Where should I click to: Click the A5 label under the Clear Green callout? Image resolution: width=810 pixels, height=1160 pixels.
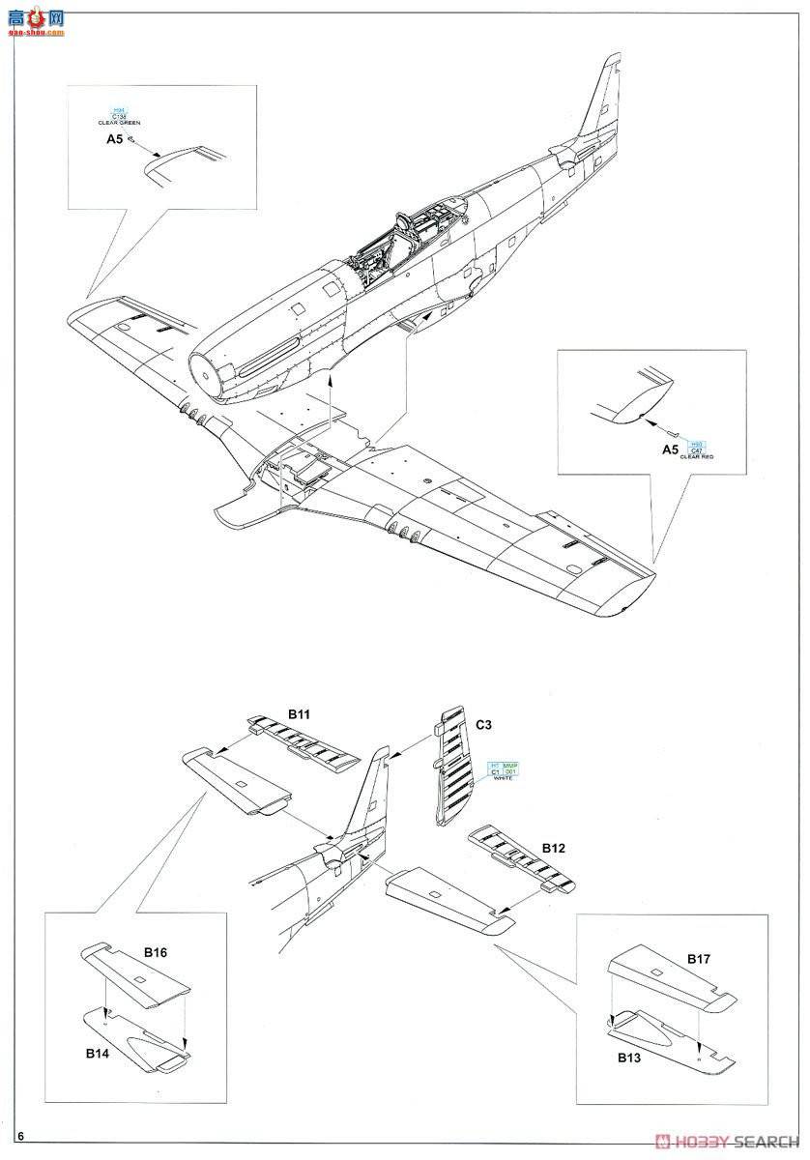point(114,139)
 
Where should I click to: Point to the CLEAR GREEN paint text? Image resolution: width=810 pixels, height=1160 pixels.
point(119,124)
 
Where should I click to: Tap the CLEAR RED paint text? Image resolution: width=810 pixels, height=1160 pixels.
point(696,456)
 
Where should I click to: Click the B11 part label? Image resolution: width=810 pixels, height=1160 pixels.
point(299,714)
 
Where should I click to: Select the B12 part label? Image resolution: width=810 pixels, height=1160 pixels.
point(553,848)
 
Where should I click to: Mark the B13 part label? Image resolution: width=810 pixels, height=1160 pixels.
point(629,1058)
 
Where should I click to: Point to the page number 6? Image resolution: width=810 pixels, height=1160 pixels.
point(20,1135)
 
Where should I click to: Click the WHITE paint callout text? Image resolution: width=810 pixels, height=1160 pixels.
point(504,779)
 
